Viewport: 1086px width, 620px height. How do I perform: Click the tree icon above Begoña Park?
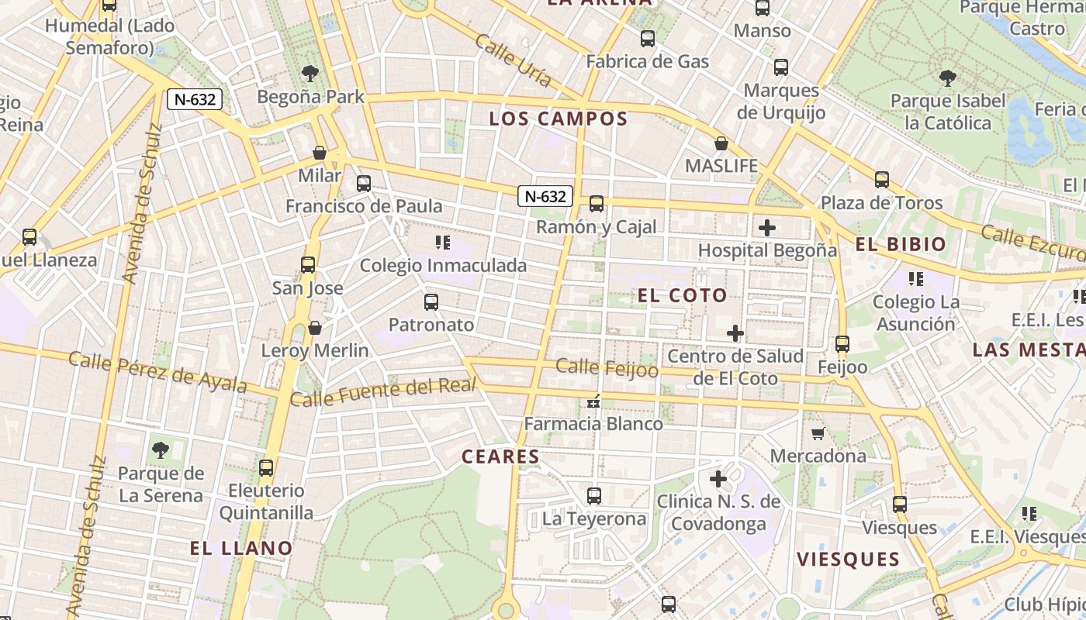[310, 74]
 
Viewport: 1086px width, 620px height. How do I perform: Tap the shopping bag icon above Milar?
[320, 153]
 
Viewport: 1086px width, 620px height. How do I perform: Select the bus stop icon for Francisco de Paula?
[364, 184]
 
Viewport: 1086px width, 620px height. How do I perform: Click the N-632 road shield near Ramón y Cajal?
[545, 196]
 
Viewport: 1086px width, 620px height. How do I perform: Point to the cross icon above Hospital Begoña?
[767, 228]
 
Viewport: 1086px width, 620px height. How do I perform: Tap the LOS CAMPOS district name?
[558, 119]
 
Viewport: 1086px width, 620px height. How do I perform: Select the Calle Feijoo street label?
[607, 368]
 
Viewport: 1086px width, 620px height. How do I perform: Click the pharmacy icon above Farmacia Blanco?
[594, 401]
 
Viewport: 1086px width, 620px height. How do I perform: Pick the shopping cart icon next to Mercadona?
[818, 433]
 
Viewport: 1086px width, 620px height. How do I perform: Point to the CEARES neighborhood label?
[500, 456]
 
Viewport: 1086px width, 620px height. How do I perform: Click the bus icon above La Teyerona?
[594, 495]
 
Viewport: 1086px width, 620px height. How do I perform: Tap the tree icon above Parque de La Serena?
[161, 449]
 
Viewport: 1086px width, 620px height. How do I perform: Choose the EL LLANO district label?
[241, 549]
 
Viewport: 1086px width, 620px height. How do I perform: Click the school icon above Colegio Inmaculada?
[443, 243]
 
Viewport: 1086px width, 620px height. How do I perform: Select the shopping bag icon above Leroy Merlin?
[315, 328]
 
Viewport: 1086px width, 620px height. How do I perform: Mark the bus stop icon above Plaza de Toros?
[882, 180]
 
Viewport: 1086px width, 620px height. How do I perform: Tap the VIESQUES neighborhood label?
[848, 559]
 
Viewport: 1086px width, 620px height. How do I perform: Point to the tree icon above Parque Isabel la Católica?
[947, 77]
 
